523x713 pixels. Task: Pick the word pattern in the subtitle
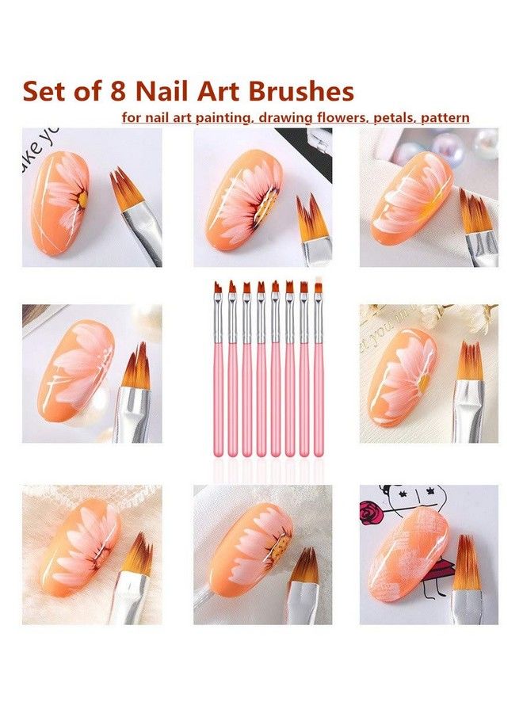445,117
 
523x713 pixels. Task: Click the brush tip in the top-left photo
129,190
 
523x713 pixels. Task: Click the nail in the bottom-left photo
79,547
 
